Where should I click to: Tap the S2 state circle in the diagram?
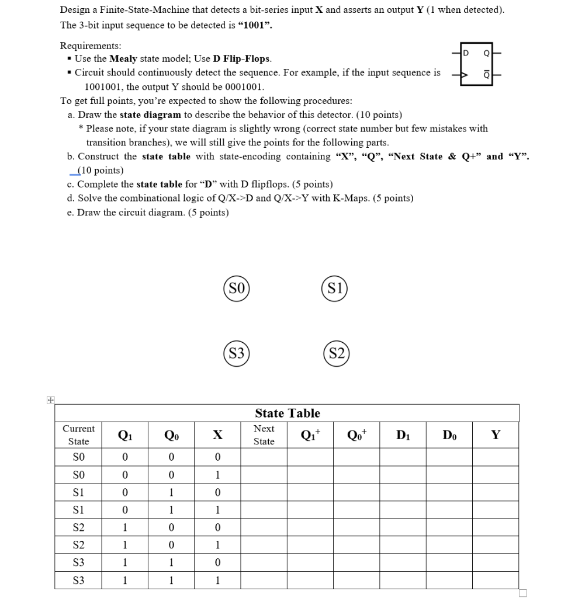[x=335, y=353]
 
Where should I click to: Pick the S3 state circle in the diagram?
[x=236, y=353]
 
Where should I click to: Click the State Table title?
[x=287, y=413]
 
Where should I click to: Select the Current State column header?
[x=78, y=435]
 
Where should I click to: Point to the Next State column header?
[x=264, y=435]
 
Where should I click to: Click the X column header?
[x=217, y=435]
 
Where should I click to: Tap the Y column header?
[x=496, y=435]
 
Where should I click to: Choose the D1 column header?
[x=403, y=435]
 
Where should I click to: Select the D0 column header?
[x=449, y=435]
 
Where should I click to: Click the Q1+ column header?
[x=310, y=435]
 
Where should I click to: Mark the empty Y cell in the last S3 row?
[x=496, y=581]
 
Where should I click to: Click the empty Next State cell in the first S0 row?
[x=264, y=457]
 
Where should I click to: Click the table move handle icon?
[x=51, y=400]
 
